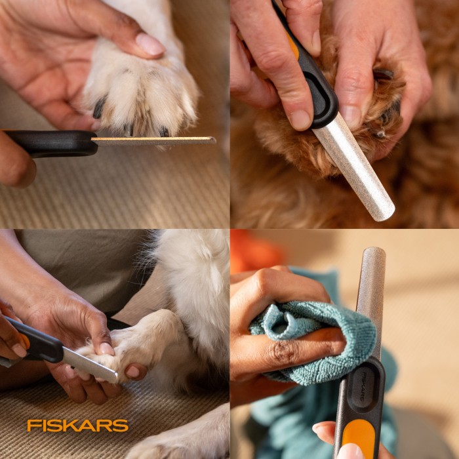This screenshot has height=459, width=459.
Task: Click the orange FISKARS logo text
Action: coord(77,426)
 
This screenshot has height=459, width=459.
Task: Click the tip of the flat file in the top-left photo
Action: coord(214,140)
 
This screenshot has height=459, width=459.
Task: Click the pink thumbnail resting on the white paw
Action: coord(150,44)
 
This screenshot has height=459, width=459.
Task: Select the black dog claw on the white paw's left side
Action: coord(99,107)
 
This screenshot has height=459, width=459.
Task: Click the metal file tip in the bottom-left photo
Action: coord(113,377)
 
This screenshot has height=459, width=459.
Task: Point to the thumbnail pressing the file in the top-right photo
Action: coord(300,120)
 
